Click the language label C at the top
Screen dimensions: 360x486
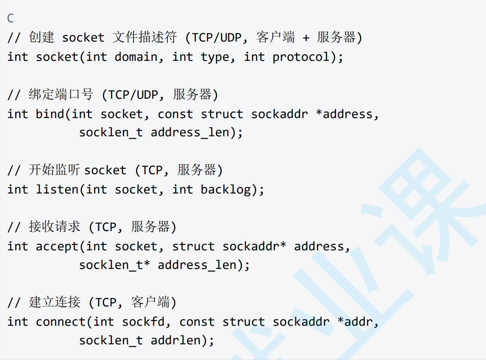click(11, 18)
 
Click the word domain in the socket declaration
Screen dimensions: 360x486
click(136, 57)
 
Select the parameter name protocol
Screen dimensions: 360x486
click(301, 57)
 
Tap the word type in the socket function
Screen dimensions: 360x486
click(215, 57)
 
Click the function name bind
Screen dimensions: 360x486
click(50, 114)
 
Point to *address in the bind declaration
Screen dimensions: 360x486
click(344, 114)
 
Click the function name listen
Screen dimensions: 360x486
click(57, 189)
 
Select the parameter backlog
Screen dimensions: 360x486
click(226, 189)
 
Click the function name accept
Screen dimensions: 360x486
click(57, 247)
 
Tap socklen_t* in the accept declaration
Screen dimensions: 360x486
click(114, 265)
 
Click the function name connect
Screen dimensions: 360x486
click(61, 322)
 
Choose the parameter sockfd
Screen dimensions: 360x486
click(143, 322)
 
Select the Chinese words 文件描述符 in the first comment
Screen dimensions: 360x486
click(145, 37)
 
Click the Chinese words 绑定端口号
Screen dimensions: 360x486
click(61, 94)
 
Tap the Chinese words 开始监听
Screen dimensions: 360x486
click(54, 170)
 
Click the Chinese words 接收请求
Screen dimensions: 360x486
click(54, 227)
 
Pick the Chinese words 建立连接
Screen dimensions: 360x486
click(54, 302)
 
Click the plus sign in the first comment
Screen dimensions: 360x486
click(306, 38)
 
